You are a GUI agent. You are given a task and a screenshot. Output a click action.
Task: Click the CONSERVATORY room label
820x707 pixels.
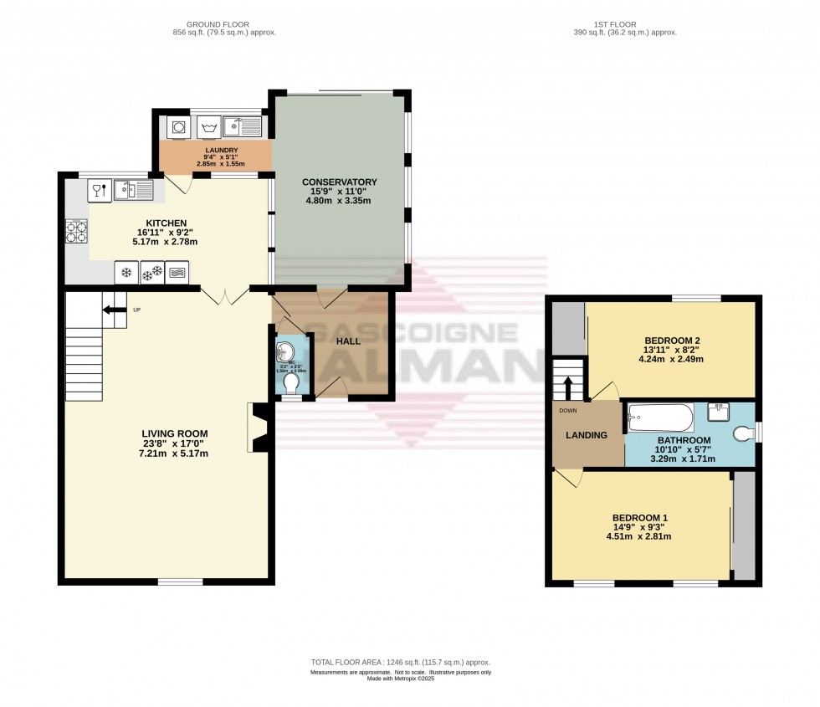point(339,182)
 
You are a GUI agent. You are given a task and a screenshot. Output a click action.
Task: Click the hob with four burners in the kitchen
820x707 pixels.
point(77,230)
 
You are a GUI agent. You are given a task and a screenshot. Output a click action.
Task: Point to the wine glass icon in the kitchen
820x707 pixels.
point(99,191)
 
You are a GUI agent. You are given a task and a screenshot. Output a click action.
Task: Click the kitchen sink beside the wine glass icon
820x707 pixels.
point(134,191)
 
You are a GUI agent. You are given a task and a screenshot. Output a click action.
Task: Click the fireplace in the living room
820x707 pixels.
point(259,428)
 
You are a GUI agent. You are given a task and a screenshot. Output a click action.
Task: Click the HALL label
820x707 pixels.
point(348,342)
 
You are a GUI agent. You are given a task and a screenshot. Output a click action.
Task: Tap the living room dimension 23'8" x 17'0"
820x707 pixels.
point(174,443)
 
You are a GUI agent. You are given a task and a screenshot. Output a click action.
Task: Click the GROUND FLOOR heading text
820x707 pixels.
point(223,23)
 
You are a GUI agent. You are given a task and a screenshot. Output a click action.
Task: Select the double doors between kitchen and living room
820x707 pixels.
point(224,295)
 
